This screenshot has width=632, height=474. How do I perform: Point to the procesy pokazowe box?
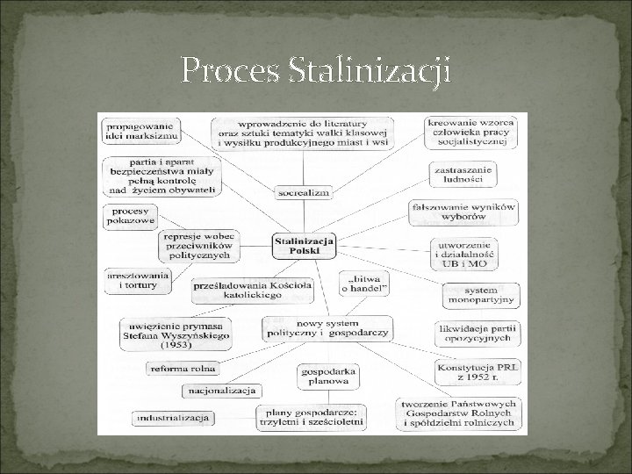pyautogui.click(x=131, y=217)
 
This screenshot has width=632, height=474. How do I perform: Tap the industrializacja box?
pyautogui.click(x=173, y=417)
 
